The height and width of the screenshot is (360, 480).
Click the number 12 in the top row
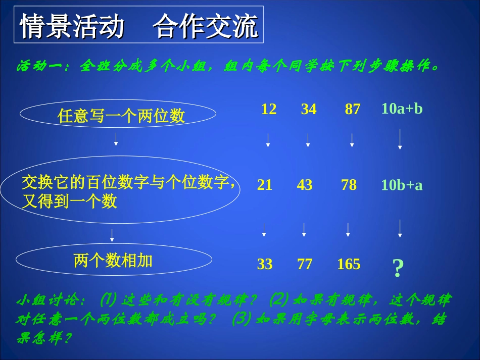coord(269,109)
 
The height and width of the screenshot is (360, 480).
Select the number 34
coord(309,109)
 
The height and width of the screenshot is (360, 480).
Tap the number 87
coord(352,109)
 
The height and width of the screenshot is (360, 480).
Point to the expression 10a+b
coord(402,109)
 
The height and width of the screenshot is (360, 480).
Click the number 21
coord(264,185)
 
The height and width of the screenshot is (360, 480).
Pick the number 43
coord(304,185)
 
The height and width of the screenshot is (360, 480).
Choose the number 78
coord(349,185)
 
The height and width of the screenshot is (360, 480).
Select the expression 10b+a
coord(402,185)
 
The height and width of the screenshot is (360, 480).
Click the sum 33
coord(264,264)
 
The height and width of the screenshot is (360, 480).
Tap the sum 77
coord(304,264)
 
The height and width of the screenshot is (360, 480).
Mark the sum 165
coord(349,264)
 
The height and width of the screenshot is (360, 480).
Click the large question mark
coord(398,268)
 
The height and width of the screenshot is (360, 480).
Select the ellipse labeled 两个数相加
coord(113,261)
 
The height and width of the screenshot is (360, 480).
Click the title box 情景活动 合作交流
coord(138,26)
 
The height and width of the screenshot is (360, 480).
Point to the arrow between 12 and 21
coord(268,140)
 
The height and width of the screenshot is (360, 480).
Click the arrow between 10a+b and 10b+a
coord(400,139)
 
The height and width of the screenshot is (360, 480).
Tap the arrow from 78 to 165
coord(348,230)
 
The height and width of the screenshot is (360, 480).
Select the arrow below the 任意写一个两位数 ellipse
coord(116,139)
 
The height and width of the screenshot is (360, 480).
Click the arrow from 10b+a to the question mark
coord(400,228)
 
